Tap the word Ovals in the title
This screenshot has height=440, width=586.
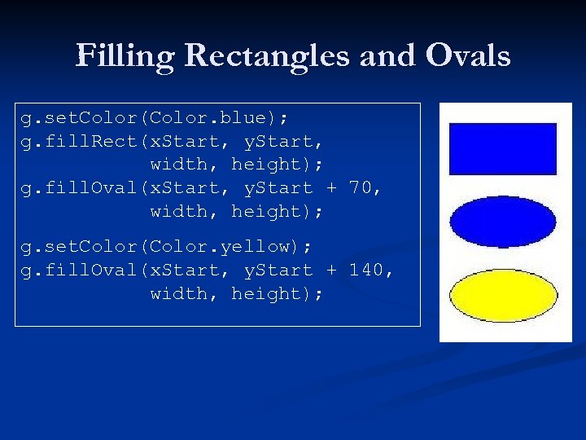[x=466, y=56]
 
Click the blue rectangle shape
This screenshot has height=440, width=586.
[x=503, y=148]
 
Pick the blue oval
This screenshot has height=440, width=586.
[x=503, y=222]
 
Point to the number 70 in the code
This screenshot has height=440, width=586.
[x=364, y=187]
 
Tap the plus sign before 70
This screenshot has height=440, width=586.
[x=331, y=188]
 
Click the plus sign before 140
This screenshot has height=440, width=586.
[x=331, y=271]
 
